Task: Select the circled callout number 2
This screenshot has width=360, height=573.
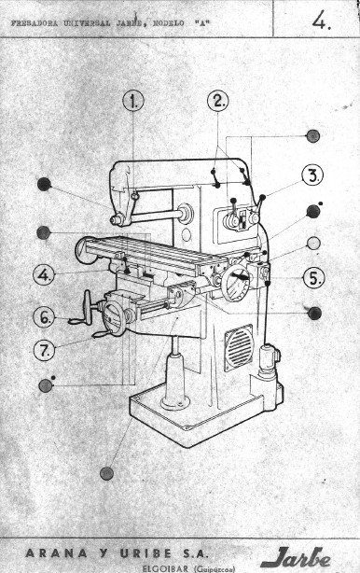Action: [x=218, y=102]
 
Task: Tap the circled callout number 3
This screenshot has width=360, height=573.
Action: [x=312, y=175]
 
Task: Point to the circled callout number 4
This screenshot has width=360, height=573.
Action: [x=44, y=275]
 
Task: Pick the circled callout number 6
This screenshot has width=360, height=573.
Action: [x=45, y=317]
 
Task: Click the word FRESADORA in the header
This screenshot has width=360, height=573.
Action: [x=35, y=18]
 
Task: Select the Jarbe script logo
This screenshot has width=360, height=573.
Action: [x=297, y=557]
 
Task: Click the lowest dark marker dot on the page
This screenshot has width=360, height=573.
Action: [x=108, y=472]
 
